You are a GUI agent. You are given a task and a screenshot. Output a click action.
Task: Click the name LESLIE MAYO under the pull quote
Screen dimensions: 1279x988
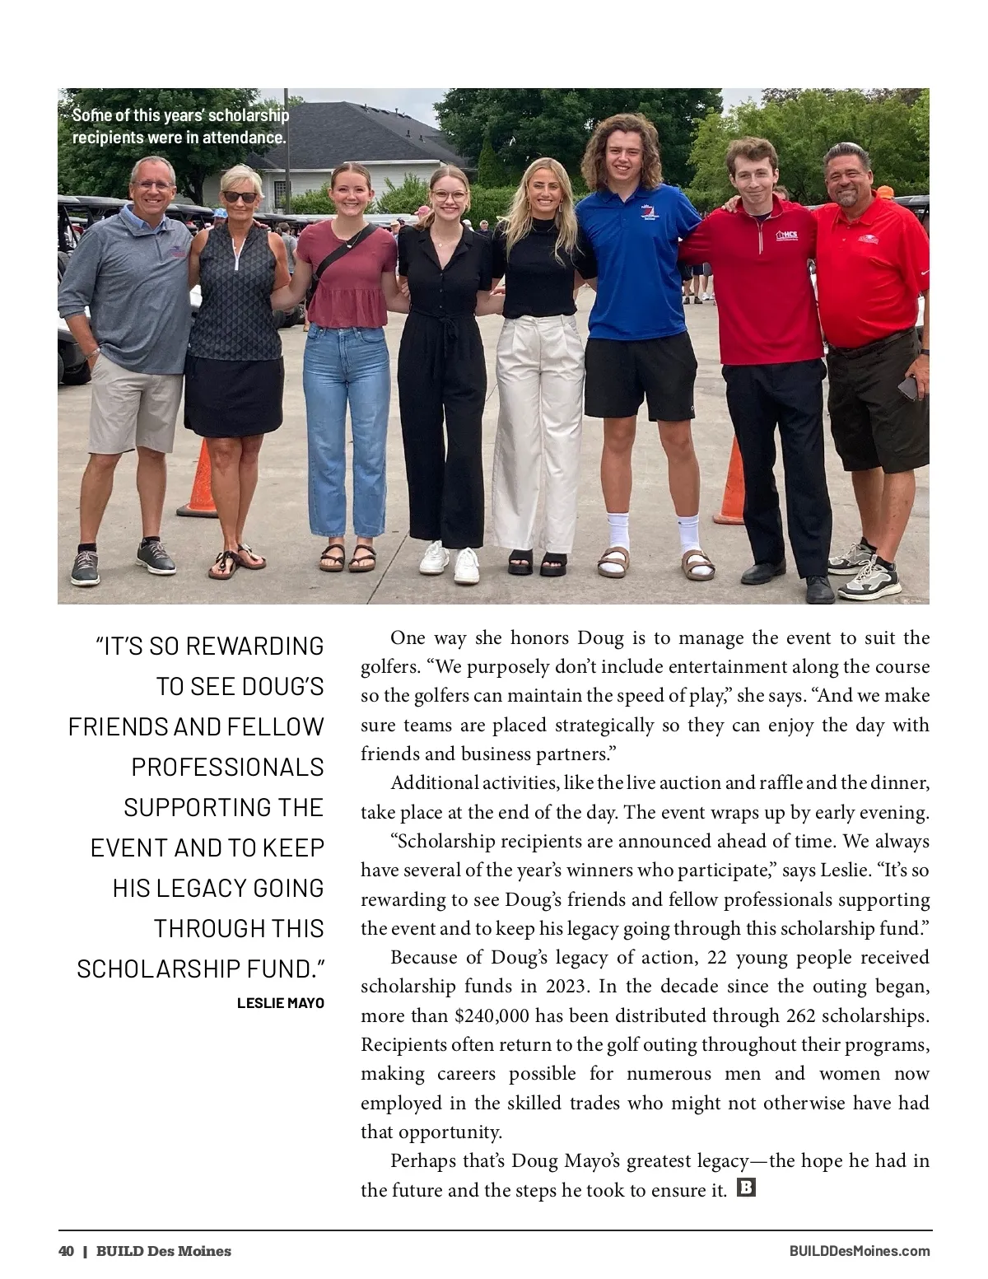point(281,1002)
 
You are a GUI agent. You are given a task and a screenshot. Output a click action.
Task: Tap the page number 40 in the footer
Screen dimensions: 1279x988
point(66,1251)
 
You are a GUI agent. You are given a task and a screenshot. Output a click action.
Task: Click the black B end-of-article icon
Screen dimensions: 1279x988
point(746,1188)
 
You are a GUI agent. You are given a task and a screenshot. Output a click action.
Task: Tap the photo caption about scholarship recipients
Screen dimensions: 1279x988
point(180,126)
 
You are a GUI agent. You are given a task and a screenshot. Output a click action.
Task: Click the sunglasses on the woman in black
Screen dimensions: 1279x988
point(240,197)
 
